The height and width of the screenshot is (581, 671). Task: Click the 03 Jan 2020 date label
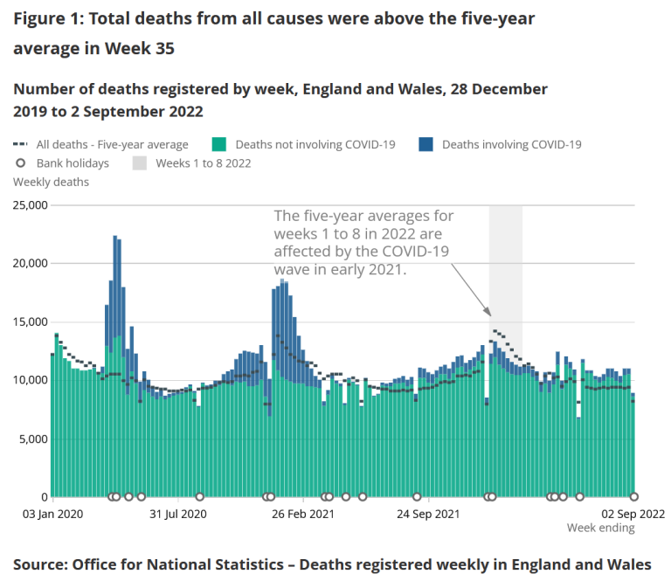(x=53, y=514)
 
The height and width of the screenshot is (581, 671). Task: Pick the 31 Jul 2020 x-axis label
(x=177, y=514)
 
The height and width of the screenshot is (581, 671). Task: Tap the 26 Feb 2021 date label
(x=302, y=514)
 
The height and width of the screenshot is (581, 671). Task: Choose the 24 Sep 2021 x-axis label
(x=427, y=514)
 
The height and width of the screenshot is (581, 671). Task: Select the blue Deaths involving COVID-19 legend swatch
(x=427, y=144)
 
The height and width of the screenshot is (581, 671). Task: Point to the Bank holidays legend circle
(x=21, y=163)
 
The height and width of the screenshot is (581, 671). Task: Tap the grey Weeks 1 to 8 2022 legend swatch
(x=140, y=163)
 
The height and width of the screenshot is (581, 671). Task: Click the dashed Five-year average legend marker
(x=21, y=144)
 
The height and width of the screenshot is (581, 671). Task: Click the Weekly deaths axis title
(x=51, y=182)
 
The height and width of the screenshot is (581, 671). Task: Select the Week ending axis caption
(x=600, y=528)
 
